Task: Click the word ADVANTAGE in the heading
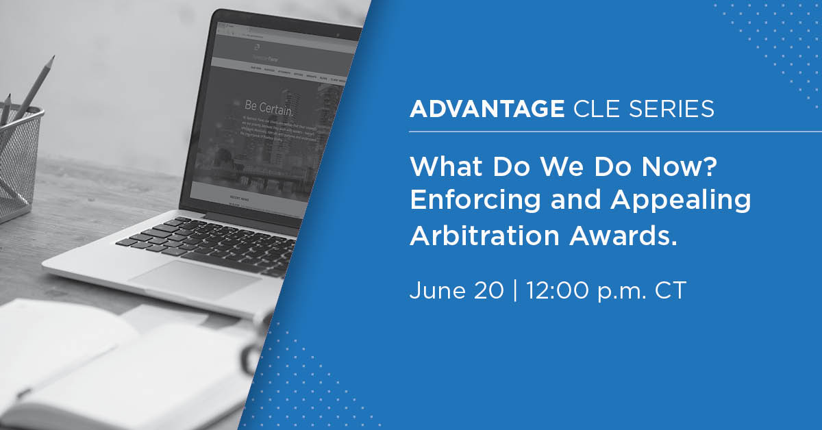point(486,110)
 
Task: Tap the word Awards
point(621,235)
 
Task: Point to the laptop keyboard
point(219,240)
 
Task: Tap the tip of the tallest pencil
point(51,59)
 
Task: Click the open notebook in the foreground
point(103,370)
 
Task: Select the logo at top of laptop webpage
point(256,47)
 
